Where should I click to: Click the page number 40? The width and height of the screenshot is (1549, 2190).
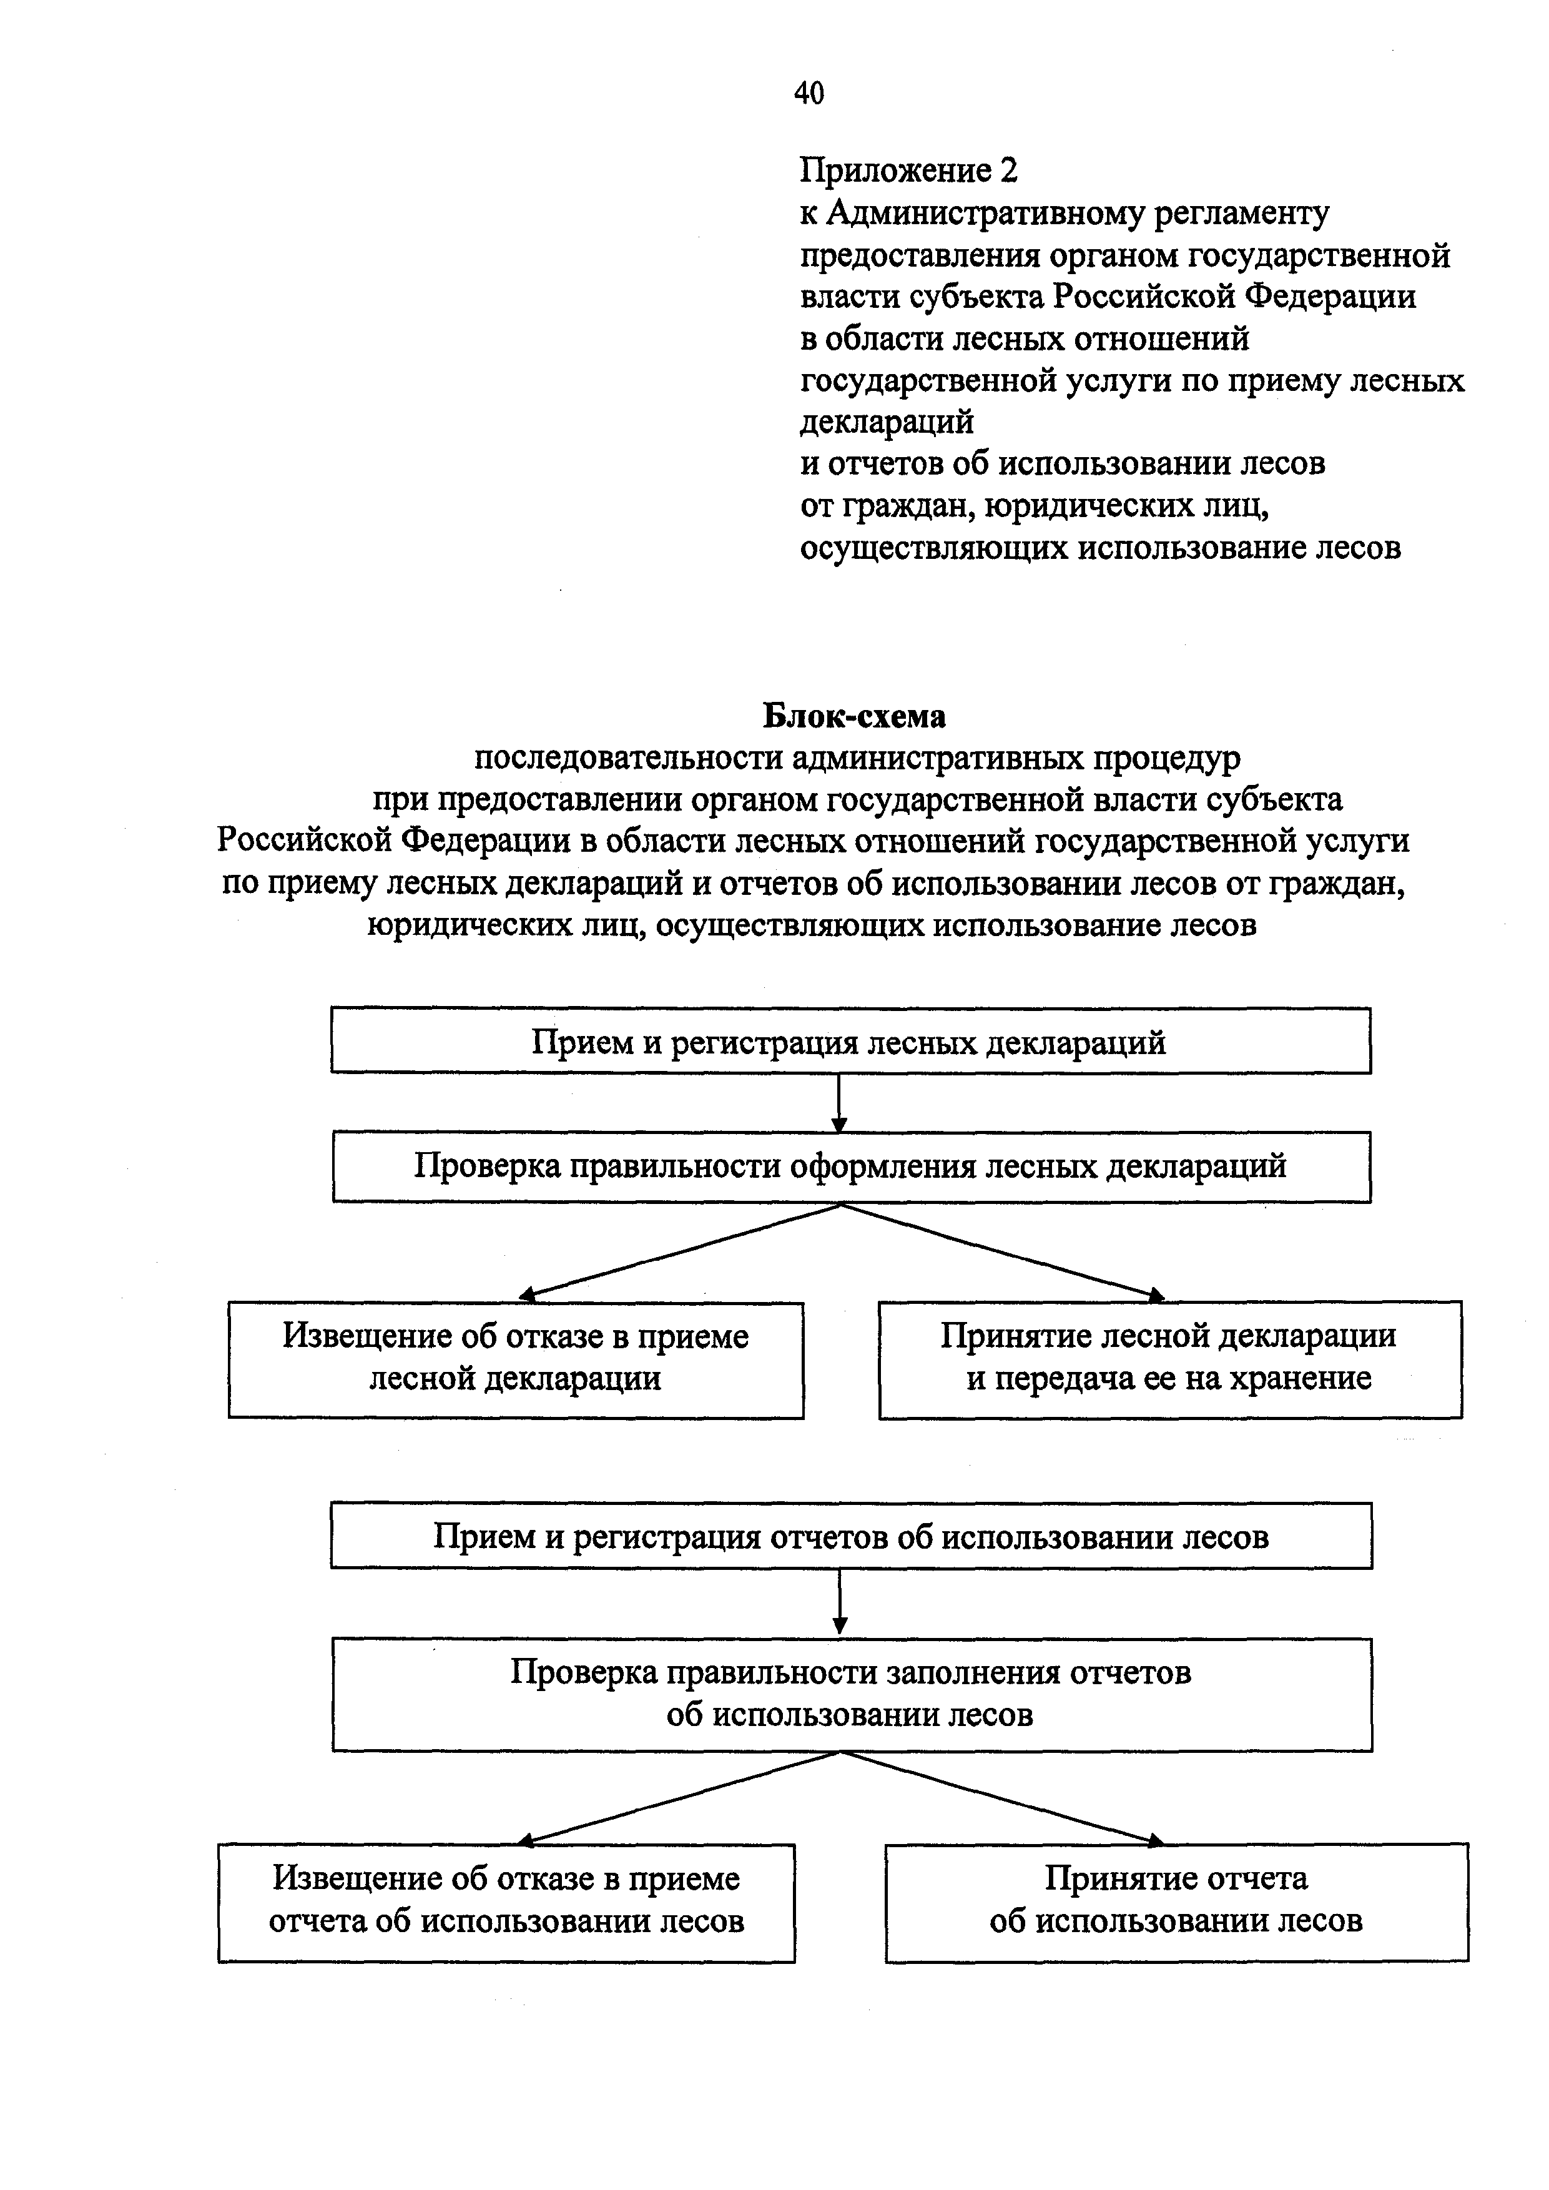coord(808,94)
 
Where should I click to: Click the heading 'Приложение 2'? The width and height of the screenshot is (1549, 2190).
coord(908,170)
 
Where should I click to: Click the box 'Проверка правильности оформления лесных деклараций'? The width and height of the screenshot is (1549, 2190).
coord(851,1166)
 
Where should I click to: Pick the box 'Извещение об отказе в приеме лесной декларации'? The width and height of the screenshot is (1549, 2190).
coord(515,1358)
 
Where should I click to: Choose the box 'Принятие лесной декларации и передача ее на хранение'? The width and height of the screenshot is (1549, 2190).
coord(1169,1358)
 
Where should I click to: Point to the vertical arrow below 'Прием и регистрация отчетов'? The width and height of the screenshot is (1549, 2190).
coord(839,1602)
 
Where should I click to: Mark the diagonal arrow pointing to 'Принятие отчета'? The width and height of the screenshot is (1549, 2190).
coord(1001,1796)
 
